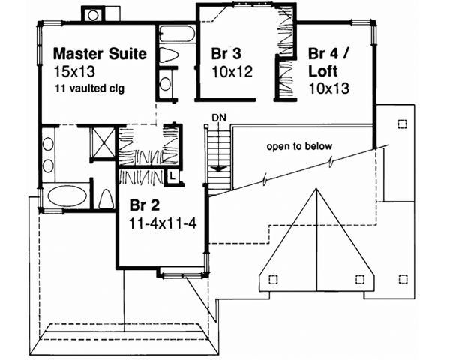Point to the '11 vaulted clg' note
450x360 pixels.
click(x=89, y=88)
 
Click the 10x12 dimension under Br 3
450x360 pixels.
click(x=229, y=72)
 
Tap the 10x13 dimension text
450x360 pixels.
click(x=328, y=88)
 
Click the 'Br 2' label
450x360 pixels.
click(x=142, y=205)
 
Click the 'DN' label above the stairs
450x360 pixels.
click(x=218, y=117)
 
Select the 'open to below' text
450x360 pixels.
click(x=299, y=146)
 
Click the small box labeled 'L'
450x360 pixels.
click(x=172, y=175)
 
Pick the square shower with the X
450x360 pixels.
click(x=100, y=140)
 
